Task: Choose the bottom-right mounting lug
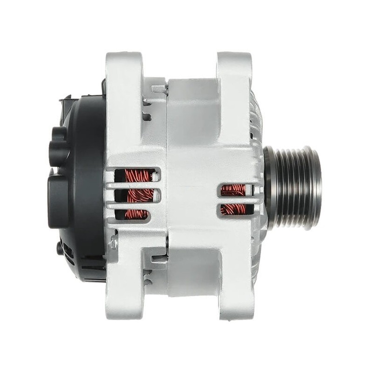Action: coord(235,298)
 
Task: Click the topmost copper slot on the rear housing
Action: coord(139,176)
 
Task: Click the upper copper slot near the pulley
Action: coord(234,189)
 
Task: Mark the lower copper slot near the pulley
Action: coord(234,209)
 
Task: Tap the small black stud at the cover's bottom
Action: coord(60,248)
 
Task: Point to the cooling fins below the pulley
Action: coord(257,256)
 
